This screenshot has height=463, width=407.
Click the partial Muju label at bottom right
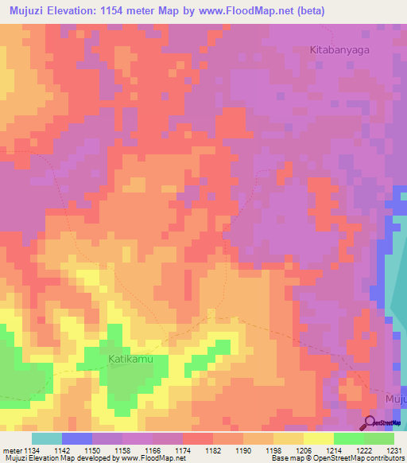click(395, 399)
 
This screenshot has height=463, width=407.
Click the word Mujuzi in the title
click(29, 10)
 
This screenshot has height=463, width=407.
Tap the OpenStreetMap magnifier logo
click(370, 424)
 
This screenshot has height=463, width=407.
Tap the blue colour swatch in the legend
click(77, 438)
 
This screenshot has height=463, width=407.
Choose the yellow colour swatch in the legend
click(318, 438)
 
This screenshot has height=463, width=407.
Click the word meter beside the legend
click(11, 450)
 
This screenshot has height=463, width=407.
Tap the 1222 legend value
click(364, 450)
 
